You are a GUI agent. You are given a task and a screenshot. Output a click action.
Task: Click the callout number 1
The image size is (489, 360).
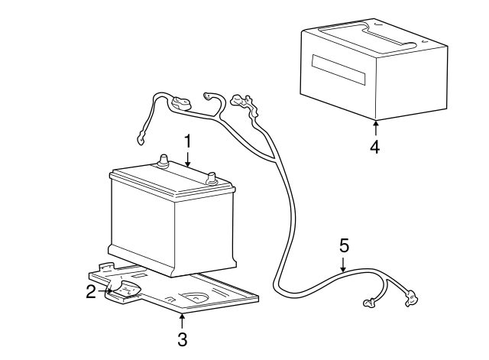click(186, 141)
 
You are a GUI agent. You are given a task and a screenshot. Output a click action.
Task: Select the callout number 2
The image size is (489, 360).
click(91, 291)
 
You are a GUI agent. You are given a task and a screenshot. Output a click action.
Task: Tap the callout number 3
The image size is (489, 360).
click(182, 338)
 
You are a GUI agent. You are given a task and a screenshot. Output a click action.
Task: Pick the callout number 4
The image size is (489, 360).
click(375, 146)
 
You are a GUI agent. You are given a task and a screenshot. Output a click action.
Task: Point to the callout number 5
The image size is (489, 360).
click(344, 245)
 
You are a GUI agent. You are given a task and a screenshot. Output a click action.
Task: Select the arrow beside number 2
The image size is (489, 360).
click(105, 290)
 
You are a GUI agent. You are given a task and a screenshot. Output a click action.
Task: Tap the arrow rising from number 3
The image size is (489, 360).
click(182, 319)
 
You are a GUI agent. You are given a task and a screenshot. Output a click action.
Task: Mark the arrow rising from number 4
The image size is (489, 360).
click(375, 128)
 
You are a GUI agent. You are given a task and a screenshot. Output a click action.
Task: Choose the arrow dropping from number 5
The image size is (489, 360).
click(344, 264)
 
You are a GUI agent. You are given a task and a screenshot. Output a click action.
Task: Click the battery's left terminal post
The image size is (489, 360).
click(162, 161)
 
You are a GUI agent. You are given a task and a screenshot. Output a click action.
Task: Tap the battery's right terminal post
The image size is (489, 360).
click(212, 180)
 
